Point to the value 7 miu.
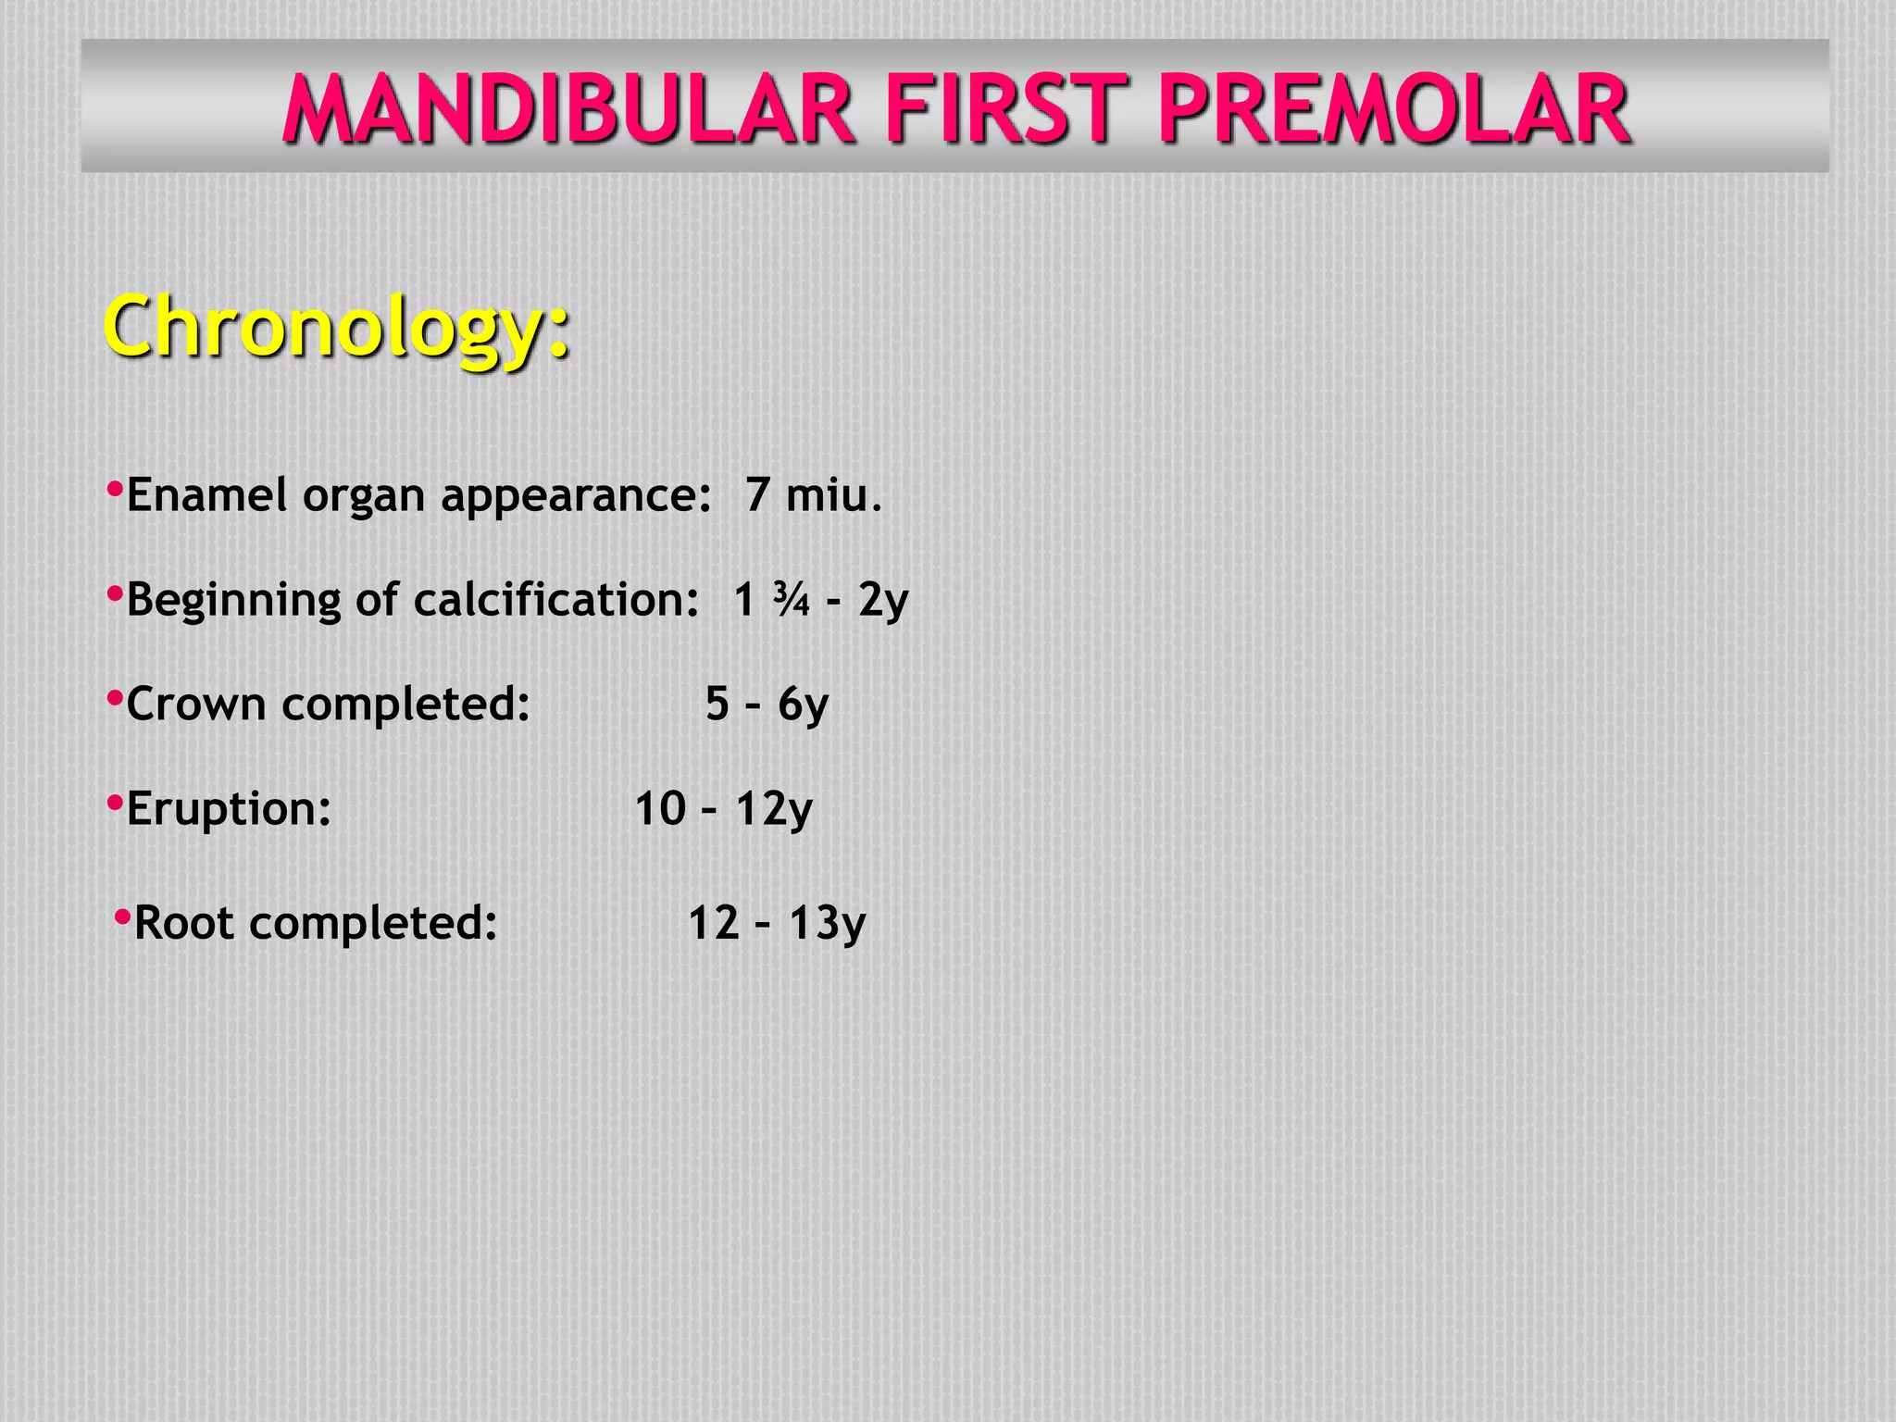click(813, 494)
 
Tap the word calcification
click(555, 599)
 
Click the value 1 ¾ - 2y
click(820, 599)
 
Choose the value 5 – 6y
click(767, 704)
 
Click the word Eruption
click(229, 809)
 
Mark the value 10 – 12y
click(723, 808)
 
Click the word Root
click(184, 923)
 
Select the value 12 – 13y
click(776, 923)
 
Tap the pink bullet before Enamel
click(115, 488)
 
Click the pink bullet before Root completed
click(122, 917)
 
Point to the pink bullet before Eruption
click(115, 802)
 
